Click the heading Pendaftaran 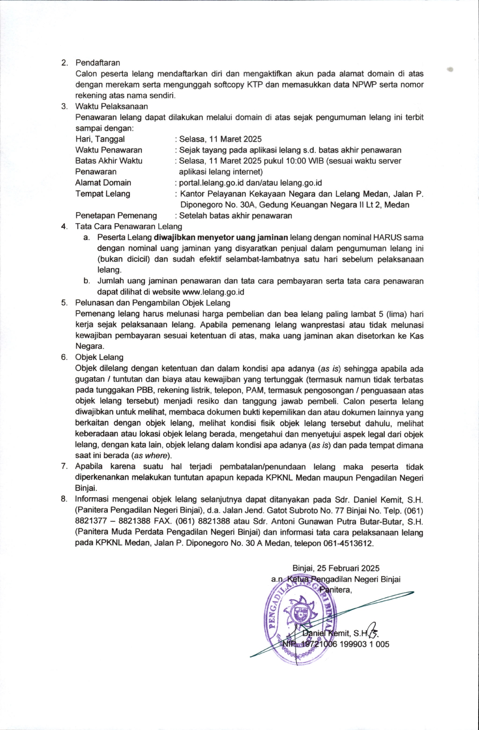pyautogui.click(x=98, y=63)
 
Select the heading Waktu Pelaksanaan pyautogui.click(x=112, y=106)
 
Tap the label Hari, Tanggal pyautogui.click(x=100, y=139)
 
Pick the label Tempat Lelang pyautogui.click(x=103, y=194)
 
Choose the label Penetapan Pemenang pyautogui.click(x=116, y=216)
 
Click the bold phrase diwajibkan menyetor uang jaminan pyautogui.click(x=221, y=237)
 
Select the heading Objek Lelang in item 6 pyautogui.click(x=99, y=357)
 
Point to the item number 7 pyautogui.click(x=64, y=467)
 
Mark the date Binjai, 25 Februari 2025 pyautogui.click(x=336, y=569)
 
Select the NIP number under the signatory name pyautogui.click(x=336, y=644)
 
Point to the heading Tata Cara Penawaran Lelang pyautogui.click(x=129, y=227)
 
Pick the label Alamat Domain pyautogui.click(x=103, y=183)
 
